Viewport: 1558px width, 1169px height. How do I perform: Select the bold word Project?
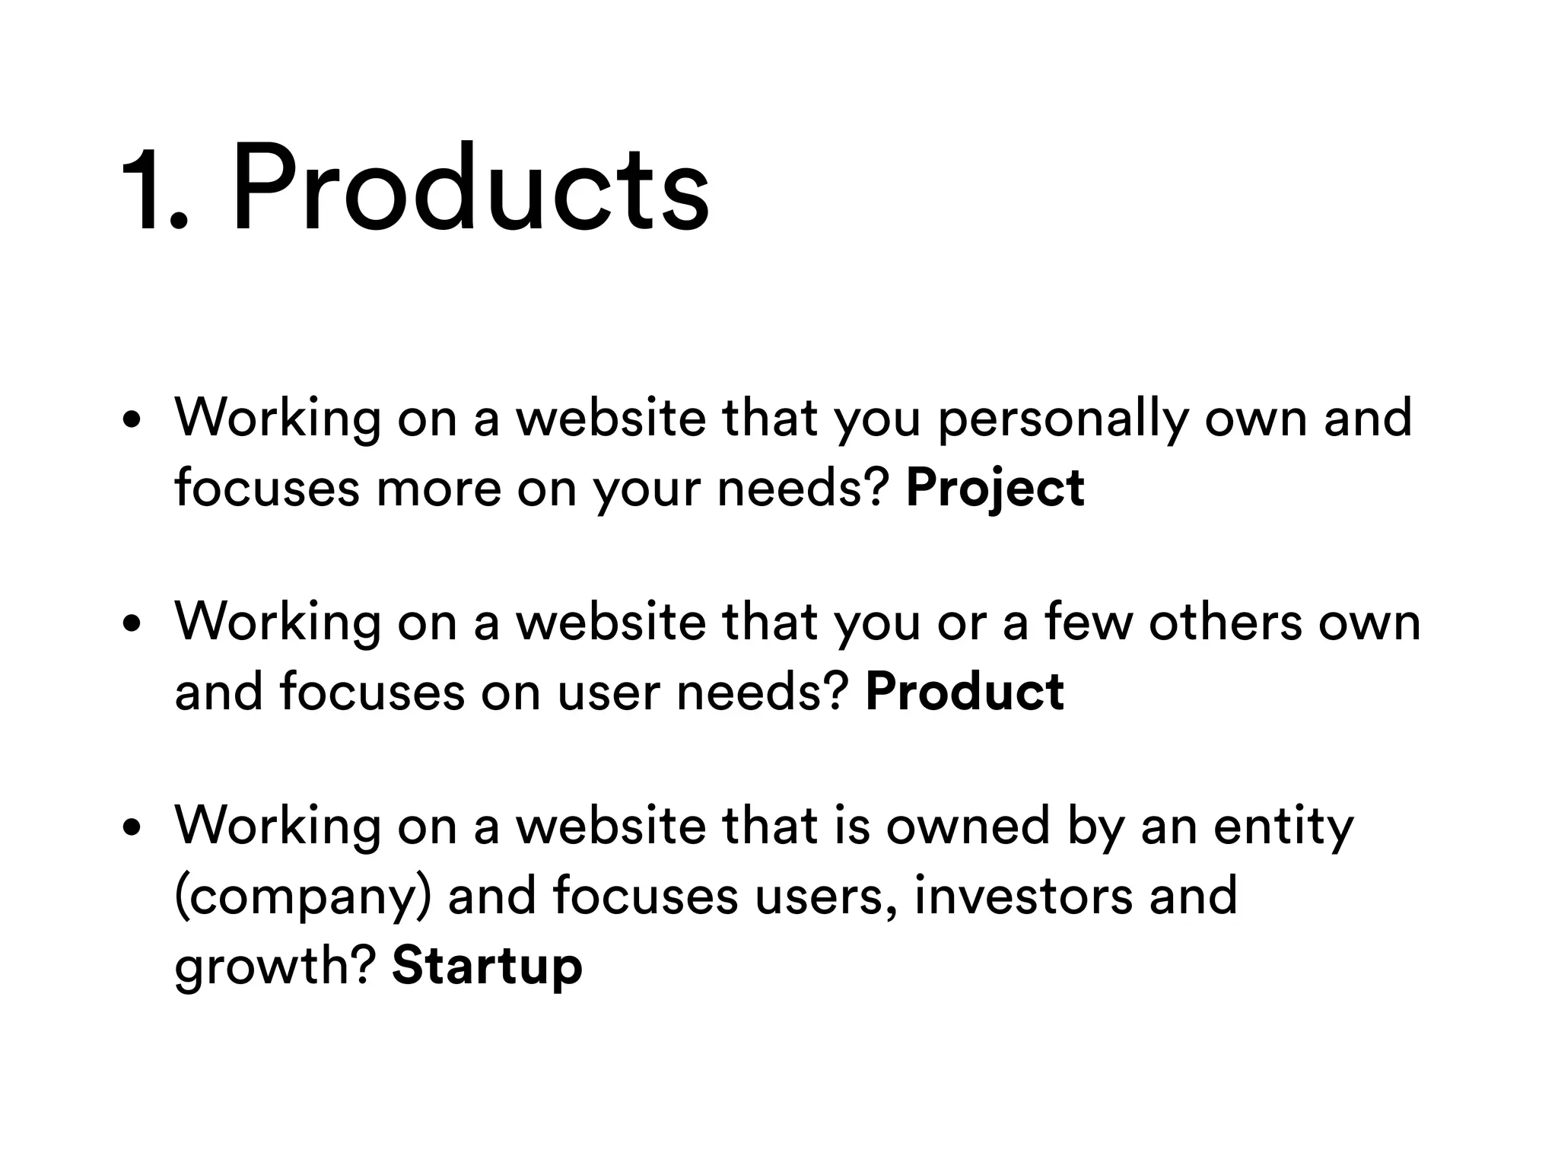click(995, 489)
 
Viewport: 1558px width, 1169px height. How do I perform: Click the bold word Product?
click(965, 692)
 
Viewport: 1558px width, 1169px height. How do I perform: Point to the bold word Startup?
click(487, 965)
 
